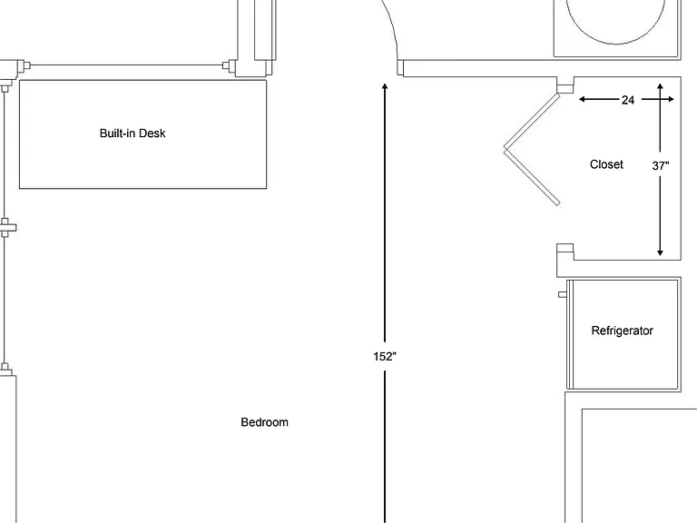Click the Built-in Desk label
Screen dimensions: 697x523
(x=133, y=133)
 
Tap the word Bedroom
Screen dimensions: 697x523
(x=264, y=422)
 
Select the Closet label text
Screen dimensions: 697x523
(x=606, y=164)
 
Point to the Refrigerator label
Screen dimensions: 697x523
(x=622, y=331)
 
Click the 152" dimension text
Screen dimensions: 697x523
(x=385, y=356)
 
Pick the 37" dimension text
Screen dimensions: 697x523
(x=661, y=166)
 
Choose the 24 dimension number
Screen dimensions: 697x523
(x=628, y=100)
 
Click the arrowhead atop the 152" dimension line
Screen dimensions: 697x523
(x=385, y=86)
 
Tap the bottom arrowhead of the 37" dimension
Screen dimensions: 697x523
(x=660, y=252)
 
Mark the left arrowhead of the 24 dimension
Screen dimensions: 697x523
(x=582, y=99)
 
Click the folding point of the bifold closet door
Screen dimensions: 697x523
(x=506, y=148)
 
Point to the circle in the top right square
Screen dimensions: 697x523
(x=616, y=44)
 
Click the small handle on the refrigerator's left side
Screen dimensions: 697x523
(x=563, y=294)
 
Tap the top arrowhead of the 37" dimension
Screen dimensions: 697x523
(x=660, y=86)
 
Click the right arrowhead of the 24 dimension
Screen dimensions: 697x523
(x=671, y=99)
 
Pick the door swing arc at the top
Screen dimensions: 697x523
(x=391, y=25)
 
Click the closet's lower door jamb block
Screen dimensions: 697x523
(x=565, y=249)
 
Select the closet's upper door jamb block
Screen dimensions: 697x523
(x=565, y=87)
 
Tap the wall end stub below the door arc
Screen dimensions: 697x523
(x=400, y=67)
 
